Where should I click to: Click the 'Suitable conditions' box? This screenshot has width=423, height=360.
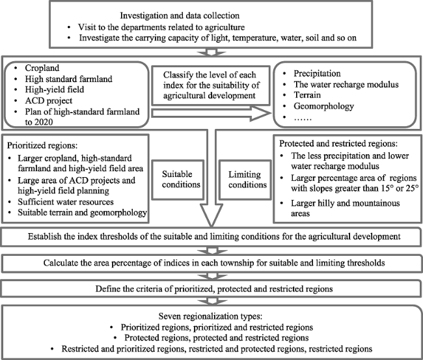178,180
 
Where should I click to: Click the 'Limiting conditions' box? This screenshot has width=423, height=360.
245,180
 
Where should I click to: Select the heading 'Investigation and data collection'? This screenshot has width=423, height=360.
180,16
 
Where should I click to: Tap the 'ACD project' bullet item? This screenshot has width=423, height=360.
49,101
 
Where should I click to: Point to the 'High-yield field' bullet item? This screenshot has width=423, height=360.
55,90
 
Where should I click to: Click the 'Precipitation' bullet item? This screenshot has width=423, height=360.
317,74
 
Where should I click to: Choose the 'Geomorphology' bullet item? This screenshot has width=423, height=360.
323,106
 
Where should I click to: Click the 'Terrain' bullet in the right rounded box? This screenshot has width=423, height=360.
307,95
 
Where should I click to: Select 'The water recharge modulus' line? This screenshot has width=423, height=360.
346,85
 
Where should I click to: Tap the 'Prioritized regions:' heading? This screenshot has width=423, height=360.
42,145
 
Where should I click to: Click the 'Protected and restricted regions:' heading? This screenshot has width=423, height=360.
338,143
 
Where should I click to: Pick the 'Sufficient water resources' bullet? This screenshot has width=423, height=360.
66,202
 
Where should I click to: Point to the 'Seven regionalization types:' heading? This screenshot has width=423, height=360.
210,316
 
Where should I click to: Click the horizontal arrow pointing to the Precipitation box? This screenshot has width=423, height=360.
211,113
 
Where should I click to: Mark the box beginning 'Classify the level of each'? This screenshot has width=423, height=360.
211,85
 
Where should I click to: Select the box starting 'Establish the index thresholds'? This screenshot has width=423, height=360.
211,237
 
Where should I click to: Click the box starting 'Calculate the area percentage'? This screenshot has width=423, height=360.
211,263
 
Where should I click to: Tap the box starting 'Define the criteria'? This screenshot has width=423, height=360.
211,289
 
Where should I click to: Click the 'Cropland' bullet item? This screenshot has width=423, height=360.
42,68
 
